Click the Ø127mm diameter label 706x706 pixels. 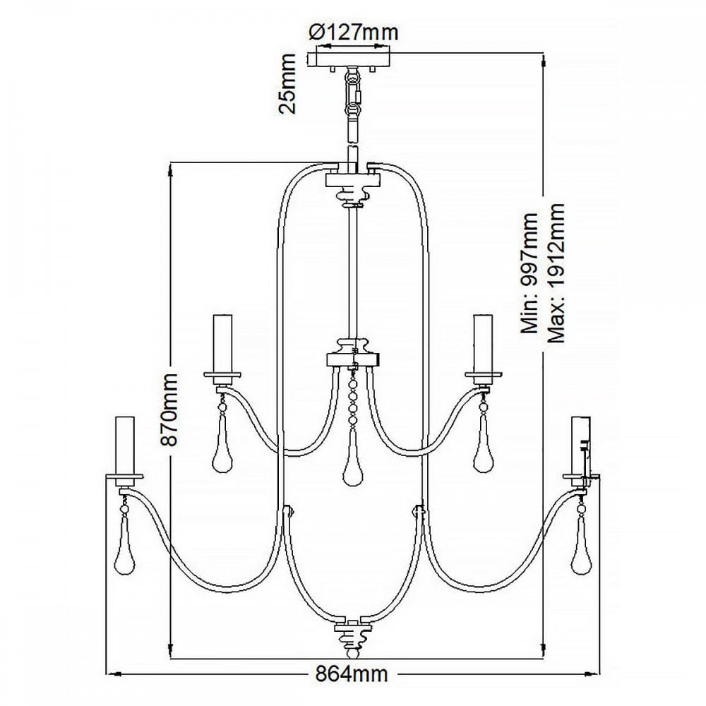354,32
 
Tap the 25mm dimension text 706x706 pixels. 287,84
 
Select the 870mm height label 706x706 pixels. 171,409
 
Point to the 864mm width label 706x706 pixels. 351,674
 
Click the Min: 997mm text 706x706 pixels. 530,273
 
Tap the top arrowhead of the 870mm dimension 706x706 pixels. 171,170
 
